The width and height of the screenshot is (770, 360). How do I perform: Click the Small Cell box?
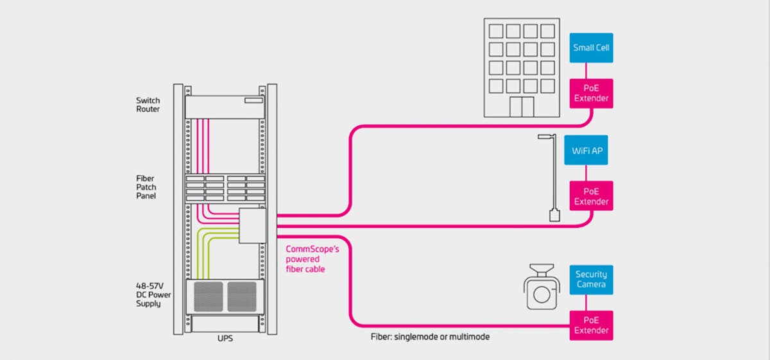tap(591, 47)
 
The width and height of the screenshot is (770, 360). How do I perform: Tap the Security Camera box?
tap(591, 280)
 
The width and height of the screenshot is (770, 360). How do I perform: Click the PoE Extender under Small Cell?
tap(591, 94)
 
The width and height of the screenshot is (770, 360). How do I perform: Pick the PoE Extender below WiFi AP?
tap(591, 196)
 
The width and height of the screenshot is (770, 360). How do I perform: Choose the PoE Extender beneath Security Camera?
tap(591, 325)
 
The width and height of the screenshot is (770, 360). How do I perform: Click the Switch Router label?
tap(148, 105)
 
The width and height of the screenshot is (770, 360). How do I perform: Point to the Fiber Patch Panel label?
tap(146, 187)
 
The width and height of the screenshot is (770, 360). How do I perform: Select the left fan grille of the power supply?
tap(207, 296)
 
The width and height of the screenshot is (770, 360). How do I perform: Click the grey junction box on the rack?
tap(253, 225)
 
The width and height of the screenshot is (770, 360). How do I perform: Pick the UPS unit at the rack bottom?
tap(224, 325)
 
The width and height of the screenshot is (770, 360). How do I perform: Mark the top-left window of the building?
tap(496, 31)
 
